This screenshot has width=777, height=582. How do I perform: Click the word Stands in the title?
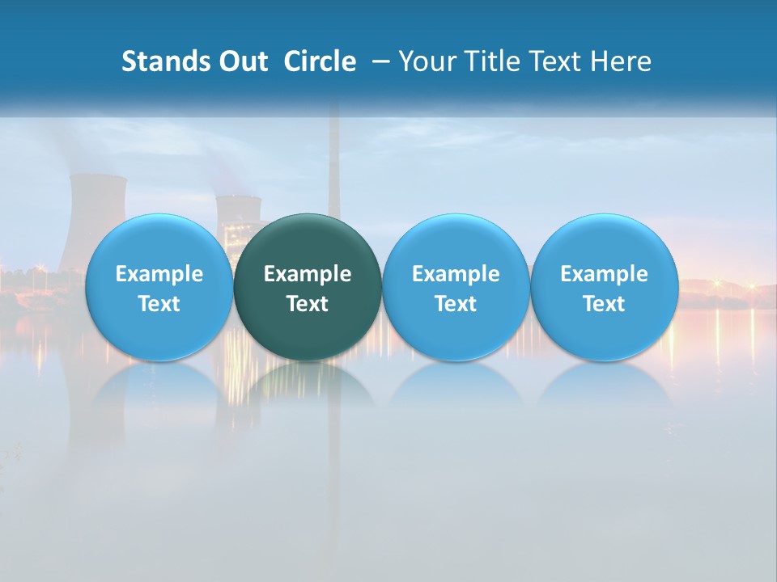click(x=161, y=61)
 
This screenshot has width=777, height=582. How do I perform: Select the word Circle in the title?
click(x=320, y=61)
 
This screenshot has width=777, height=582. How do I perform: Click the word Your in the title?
click(x=426, y=61)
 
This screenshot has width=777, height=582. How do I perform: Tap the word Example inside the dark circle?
click(x=308, y=274)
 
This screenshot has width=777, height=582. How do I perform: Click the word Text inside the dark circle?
click(x=308, y=304)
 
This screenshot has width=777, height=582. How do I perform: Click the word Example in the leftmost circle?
click(x=159, y=274)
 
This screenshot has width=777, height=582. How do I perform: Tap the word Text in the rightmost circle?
click(x=605, y=304)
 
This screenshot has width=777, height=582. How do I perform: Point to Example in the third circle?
click(x=456, y=274)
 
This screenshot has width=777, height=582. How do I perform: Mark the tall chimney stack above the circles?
click(x=333, y=162)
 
